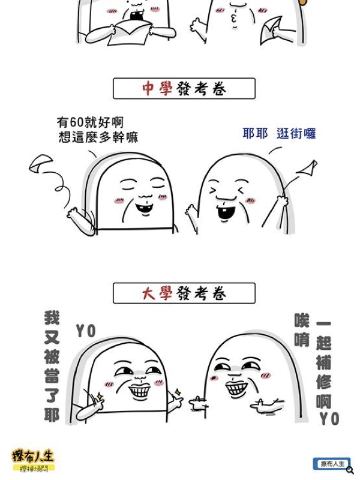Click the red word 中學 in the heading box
click(x=157, y=89)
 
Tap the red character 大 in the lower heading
click(x=149, y=293)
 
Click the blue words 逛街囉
click(x=296, y=134)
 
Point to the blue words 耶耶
click(x=255, y=133)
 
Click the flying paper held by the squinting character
click(x=307, y=168)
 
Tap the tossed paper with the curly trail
click(x=41, y=163)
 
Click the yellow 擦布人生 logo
click(x=34, y=460)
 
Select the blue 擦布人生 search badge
click(x=332, y=464)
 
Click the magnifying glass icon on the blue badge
click(x=350, y=470)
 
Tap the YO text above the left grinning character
click(x=86, y=331)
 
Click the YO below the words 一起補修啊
click(x=329, y=419)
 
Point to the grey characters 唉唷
click(x=302, y=330)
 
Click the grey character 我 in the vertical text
click(x=52, y=318)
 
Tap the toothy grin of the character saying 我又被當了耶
click(x=140, y=391)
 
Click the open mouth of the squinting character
click(x=226, y=213)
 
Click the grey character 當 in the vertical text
click(x=52, y=376)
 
